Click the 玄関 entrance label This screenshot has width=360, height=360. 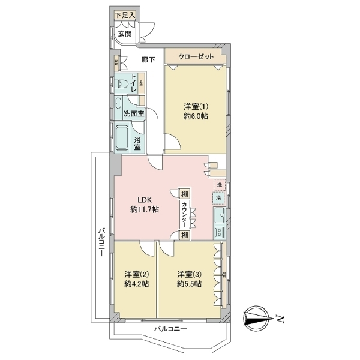[125, 34]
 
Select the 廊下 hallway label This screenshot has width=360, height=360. [148, 59]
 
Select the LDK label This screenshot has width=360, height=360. [145, 200]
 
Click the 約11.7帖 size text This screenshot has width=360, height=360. [145, 210]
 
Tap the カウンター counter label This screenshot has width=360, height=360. [184, 214]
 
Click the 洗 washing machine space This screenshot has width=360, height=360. [219, 184]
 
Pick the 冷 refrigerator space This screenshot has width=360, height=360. [219, 196]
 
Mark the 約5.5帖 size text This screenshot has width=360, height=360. [189, 284]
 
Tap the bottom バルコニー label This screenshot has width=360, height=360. [170, 329]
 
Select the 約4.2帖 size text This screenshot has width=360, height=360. [137, 284]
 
